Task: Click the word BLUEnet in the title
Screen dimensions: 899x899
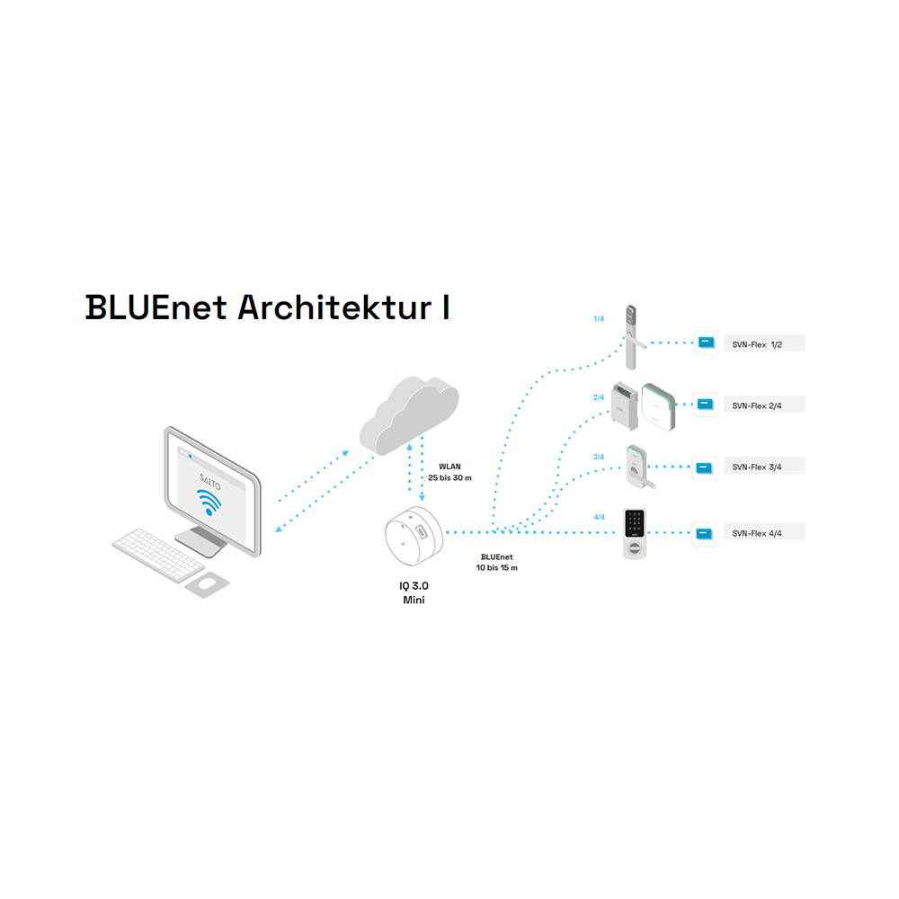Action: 156,307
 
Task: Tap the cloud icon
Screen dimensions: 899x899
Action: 408,413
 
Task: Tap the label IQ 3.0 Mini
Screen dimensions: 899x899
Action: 414,592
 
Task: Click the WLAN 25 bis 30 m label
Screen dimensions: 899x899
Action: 449,473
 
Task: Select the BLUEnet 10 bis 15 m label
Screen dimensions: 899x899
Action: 497,563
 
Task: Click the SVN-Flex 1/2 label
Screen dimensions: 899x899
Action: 756,344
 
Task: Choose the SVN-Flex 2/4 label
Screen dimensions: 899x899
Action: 756,405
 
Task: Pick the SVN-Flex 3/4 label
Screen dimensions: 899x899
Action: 756,467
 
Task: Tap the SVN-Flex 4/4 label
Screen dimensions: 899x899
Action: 756,533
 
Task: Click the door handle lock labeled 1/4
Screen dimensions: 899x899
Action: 631,337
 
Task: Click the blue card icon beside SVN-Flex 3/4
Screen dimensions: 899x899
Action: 705,467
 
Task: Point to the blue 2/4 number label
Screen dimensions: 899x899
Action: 599,396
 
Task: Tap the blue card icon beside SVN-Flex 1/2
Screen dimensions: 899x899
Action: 705,343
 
